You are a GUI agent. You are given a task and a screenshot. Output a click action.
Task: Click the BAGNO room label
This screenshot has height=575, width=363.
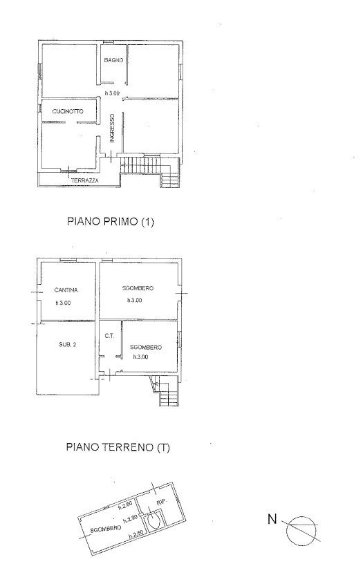click(113, 60)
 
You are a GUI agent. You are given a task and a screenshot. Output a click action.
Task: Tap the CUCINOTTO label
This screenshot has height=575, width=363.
click(68, 111)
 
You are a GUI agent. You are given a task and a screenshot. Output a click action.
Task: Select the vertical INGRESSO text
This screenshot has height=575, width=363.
click(112, 128)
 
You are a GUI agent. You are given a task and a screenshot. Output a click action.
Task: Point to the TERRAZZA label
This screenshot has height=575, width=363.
click(85, 180)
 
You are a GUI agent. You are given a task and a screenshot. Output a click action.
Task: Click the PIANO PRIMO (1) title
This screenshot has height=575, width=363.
click(111, 221)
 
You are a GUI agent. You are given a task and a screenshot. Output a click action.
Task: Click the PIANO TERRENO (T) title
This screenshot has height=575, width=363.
click(118, 447)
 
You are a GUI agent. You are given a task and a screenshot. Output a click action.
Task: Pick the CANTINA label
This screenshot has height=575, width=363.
click(66, 290)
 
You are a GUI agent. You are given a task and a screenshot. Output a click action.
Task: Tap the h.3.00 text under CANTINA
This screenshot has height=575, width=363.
click(63, 303)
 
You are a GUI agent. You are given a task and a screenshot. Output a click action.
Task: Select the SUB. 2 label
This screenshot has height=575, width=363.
click(68, 344)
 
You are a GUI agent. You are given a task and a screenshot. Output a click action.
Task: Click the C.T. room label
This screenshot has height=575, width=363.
click(109, 336)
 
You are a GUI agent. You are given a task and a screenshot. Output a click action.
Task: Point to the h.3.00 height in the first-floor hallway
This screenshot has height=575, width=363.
click(112, 93)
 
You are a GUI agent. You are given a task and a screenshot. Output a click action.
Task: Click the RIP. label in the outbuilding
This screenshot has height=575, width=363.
click(162, 502)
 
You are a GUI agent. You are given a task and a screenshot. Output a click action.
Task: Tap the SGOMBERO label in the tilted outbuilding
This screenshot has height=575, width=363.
click(106, 529)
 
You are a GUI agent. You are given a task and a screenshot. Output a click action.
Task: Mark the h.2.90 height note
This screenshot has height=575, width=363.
click(130, 520)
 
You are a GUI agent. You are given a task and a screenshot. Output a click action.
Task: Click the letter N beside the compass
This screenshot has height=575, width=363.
click(272, 519)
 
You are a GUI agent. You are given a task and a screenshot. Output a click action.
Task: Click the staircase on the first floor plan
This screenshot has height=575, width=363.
click(151, 170)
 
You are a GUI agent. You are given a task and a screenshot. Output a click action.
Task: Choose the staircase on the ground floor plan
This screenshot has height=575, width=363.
click(165, 391)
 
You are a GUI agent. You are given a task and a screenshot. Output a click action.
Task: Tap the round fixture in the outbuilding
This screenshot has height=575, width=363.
click(153, 520)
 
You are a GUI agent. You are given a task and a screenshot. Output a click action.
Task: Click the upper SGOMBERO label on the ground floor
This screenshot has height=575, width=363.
click(138, 288)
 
